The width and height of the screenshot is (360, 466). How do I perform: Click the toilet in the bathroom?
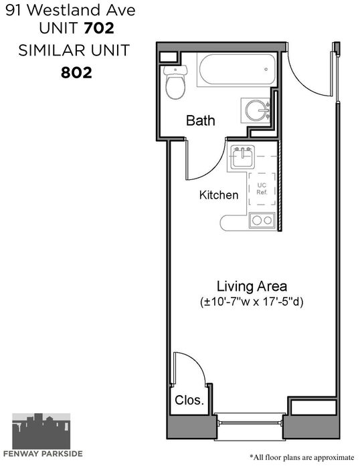click(x=175, y=82)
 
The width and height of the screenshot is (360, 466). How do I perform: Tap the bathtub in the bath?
click(x=238, y=70)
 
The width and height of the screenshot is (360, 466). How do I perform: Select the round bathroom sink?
click(x=255, y=110)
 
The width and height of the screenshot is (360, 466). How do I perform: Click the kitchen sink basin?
click(x=243, y=157)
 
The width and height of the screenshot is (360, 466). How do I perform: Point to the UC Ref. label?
click(x=262, y=189)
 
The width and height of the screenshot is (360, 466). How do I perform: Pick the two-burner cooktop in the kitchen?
click(x=262, y=221)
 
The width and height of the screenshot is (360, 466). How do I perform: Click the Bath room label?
click(x=201, y=120)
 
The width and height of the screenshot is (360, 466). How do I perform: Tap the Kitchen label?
click(x=219, y=195)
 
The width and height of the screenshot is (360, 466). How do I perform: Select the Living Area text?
click(x=252, y=286)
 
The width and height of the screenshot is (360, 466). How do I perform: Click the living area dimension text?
click(x=252, y=302)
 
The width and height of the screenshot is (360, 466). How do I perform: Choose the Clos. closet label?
click(x=189, y=400)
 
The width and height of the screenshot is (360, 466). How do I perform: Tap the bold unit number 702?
click(x=99, y=28)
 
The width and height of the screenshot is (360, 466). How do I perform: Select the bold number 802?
click(x=76, y=72)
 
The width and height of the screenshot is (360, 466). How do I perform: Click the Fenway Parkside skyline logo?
click(x=41, y=431)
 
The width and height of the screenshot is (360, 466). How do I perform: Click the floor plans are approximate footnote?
click(x=302, y=457)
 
